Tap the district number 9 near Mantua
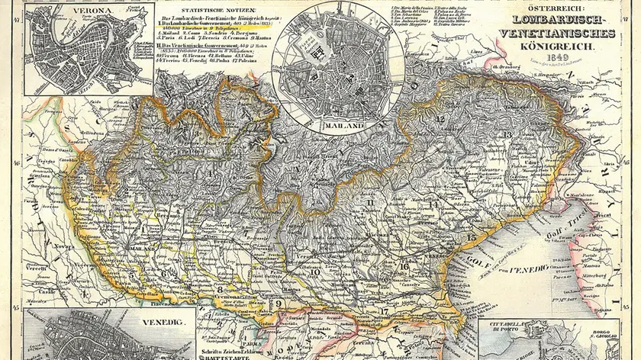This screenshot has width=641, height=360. pos(279,304)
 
